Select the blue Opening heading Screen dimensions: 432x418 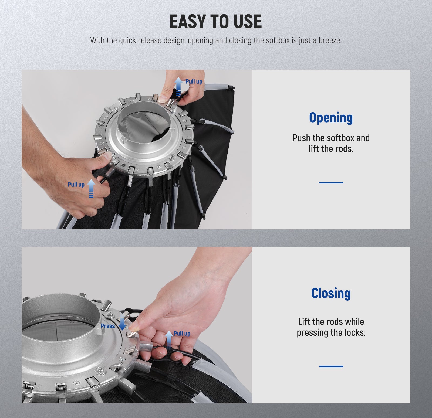pos(331,118)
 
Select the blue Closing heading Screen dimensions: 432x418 pos(331,293)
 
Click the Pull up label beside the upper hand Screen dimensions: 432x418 pos(194,81)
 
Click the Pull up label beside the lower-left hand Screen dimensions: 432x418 pos(76,185)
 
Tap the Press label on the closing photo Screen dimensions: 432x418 pos(108,326)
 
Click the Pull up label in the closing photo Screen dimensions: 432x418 pos(182,334)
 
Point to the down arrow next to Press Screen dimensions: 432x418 pos(122,323)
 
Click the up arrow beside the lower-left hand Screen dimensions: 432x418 pos(91,188)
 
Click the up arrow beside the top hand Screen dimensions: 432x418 pos(178,87)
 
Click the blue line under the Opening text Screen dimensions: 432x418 pos(331,183)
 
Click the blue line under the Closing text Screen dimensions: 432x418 pos(331,366)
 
